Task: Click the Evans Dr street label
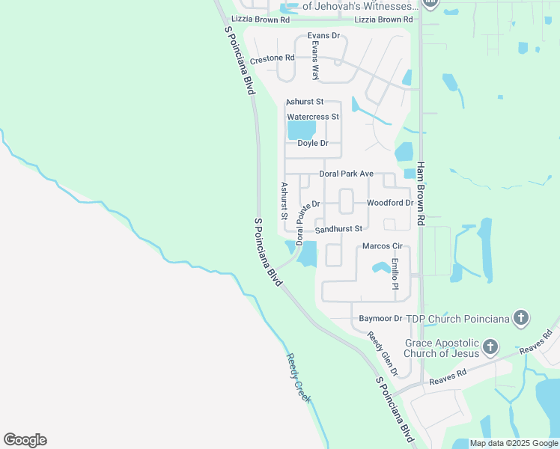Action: tap(323, 35)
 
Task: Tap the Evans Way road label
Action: tap(315, 60)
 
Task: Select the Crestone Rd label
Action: tap(273, 58)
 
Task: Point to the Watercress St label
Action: tap(313, 117)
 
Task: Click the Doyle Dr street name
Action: tap(313, 143)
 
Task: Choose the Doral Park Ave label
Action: tap(346, 174)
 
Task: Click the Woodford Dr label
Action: tap(389, 203)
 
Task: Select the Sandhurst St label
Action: tap(338, 229)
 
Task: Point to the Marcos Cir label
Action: tap(383, 246)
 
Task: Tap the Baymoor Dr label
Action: tap(380, 318)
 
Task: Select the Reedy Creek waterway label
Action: tap(298, 378)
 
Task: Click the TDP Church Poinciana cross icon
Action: tap(522, 318)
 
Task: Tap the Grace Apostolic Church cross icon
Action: tap(490, 346)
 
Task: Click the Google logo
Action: tap(25, 440)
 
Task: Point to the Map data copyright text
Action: tap(513, 443)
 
